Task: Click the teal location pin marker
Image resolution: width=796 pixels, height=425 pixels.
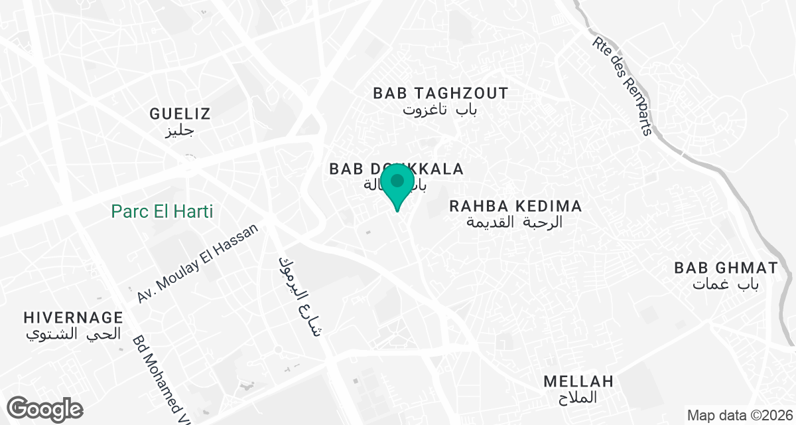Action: pyautogui.click(x=397, y=185)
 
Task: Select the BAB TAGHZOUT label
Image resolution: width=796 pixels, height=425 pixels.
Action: pyautogui.click(x=440, y=93)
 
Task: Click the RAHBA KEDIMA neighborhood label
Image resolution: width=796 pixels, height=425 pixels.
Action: pyautogui.click(x=515, y=206)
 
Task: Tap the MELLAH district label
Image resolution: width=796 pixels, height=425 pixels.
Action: pyautogui.click(x=578, y=381)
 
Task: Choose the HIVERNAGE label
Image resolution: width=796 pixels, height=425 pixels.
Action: pyautogui.click(x=73, y=317)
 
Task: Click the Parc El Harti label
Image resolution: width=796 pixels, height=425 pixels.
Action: pyautogui.click(x=162, y=212)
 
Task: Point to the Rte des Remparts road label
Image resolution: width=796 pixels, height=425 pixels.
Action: pyautogui.click(x=622, y=85)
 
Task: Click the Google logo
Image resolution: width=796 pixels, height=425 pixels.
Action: pyautogui.click(x=45, y=408)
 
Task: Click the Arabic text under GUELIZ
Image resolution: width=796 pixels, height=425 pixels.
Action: pyautogui.click(x=178, y=130)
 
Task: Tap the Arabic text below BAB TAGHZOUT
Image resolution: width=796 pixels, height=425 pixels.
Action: pyautogui.click(x=440, y=110)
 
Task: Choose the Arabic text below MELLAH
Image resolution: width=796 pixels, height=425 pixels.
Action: pyautogui.click(x=577, y=398)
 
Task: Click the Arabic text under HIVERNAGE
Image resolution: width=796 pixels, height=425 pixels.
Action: pyautogui.click(x=73, y=333)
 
